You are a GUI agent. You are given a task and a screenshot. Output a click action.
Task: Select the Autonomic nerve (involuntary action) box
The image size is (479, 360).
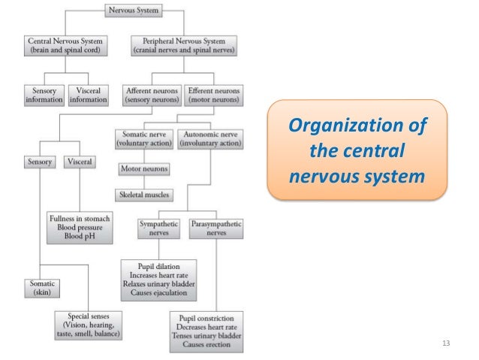pyautogui.click(x=211, y=138)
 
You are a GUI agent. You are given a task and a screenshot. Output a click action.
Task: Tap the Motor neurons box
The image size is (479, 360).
pyautogui.click(x=143, y=169)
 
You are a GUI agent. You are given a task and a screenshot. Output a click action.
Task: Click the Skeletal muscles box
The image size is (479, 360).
pyautogui.click(x=144, y=195)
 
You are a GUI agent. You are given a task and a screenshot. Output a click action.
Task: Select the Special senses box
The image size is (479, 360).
pyautogui.click(x=89, y=324)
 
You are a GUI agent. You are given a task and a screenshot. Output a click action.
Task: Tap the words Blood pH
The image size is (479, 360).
pyautogui.click(x=79, y=236)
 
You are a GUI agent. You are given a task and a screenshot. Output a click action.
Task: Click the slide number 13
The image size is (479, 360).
pyautogui.click(x=447, y=343)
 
